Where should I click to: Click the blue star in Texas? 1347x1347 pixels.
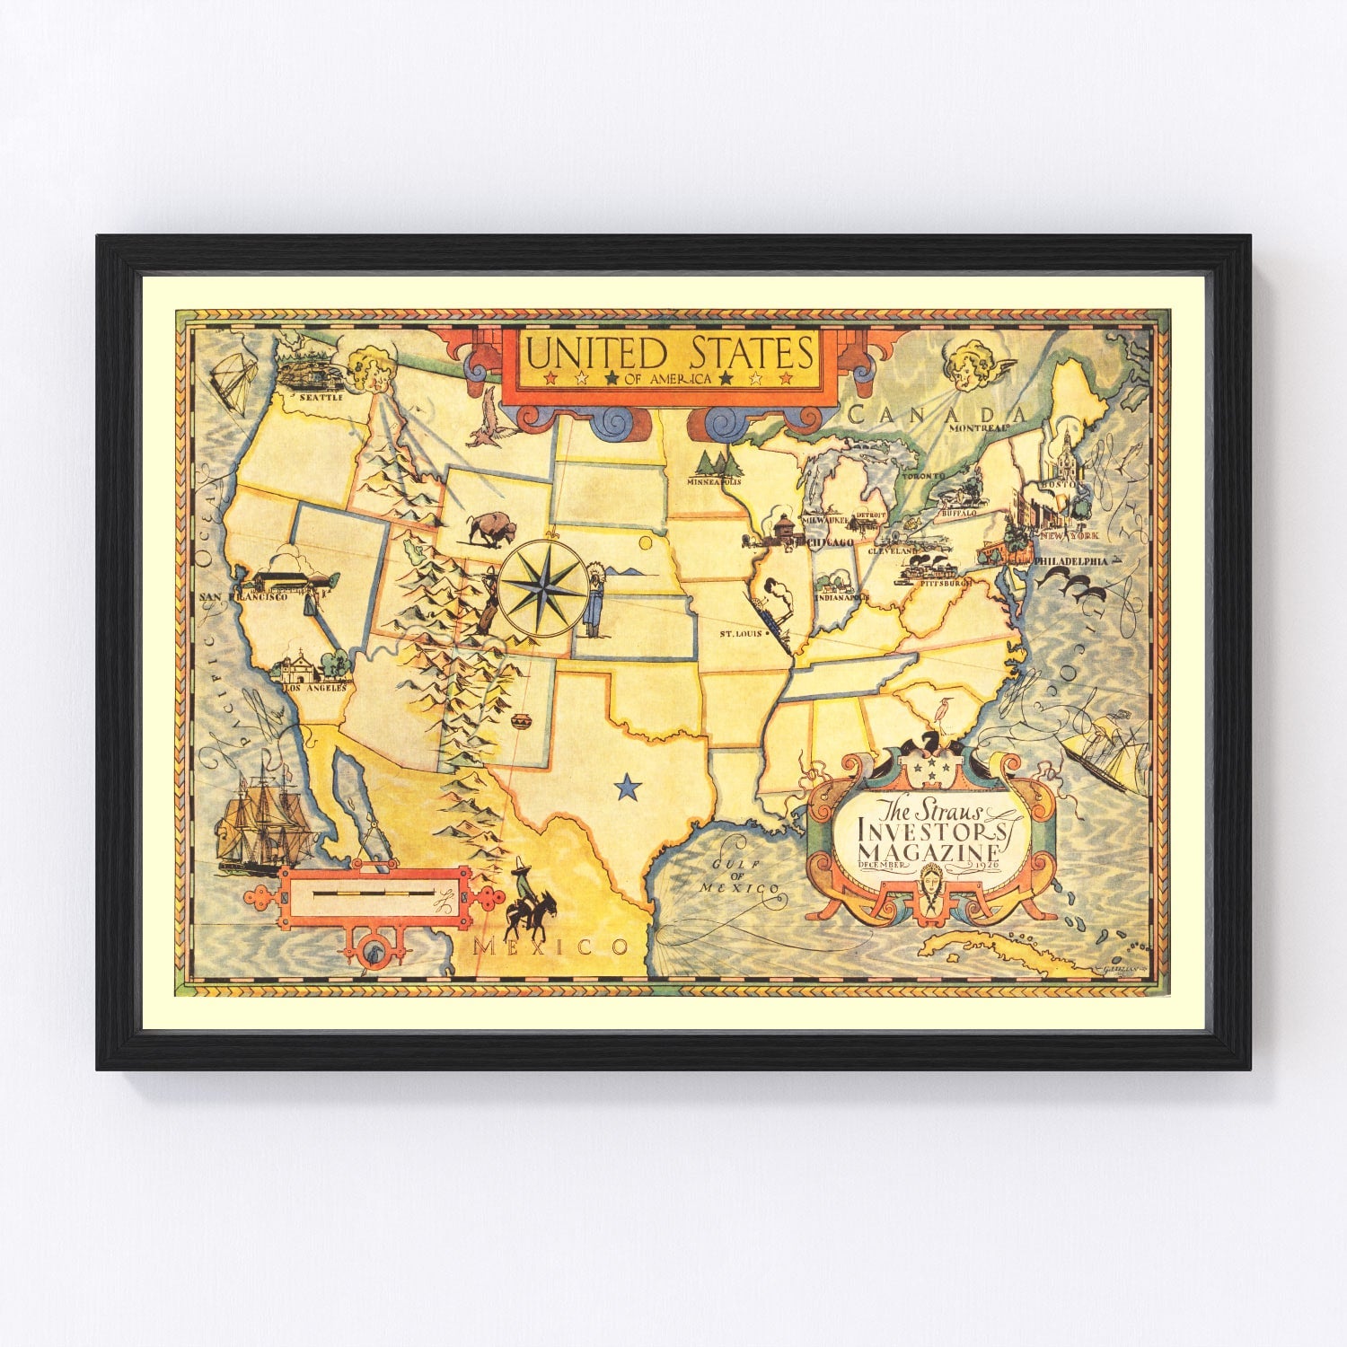point(628,788)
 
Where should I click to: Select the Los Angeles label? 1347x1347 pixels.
point(314,688)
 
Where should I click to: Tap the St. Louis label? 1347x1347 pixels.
point(740,633)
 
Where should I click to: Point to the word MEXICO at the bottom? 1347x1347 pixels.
point(550,946)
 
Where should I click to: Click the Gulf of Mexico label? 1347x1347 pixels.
point(740,876)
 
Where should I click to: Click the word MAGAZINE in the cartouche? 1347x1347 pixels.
point(929,850)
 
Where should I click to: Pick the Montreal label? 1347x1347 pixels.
point(978,429)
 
